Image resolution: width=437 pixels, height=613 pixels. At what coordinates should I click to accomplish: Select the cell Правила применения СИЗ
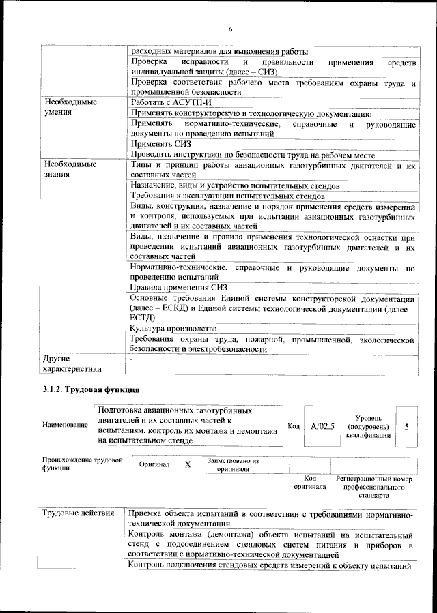[178, 288]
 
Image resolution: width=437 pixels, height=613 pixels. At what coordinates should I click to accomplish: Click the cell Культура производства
[173, 329]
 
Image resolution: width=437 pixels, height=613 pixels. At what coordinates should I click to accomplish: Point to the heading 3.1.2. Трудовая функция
[91, 390]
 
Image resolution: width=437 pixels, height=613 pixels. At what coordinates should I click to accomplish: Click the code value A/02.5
[321, 426]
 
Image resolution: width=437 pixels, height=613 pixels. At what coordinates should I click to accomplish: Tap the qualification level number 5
[407, 426]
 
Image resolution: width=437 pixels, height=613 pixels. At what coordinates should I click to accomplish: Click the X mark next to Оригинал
[187, 464]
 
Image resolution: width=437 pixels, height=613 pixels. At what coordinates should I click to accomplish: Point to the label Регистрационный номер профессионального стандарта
[374, 488]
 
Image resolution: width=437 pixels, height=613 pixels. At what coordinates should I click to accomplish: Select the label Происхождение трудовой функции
[81, 464]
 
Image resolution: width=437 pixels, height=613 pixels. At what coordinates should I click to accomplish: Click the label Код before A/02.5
[294, 426]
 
